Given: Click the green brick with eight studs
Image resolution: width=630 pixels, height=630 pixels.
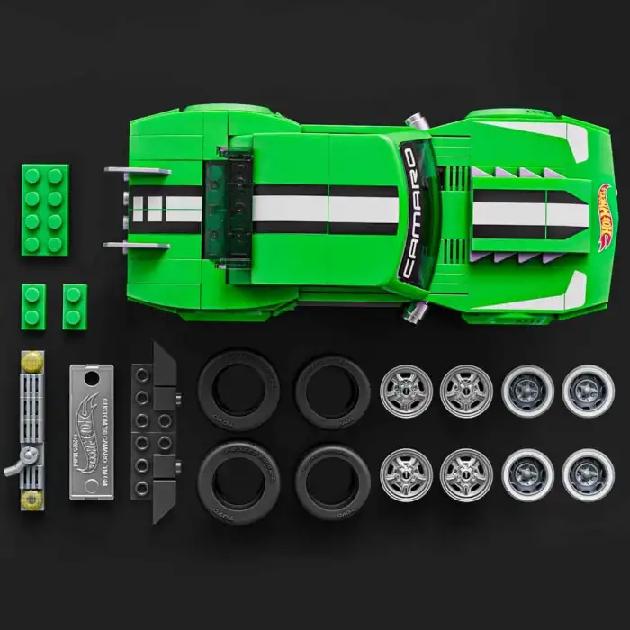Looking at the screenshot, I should [x=43, y=210].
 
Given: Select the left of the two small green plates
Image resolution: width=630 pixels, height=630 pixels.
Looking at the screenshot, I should [x=33, y=306].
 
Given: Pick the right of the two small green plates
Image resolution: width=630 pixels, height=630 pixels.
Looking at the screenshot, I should [x=75, y=306].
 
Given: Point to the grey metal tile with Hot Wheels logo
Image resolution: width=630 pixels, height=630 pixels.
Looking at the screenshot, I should [x=94, y=431].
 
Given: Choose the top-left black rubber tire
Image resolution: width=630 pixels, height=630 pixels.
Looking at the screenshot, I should [x=238, y=389].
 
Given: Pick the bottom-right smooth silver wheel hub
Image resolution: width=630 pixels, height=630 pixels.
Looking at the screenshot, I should [x=588, y=475].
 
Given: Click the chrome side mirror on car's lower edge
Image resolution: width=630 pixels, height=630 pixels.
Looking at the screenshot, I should [x=414, y=311].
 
